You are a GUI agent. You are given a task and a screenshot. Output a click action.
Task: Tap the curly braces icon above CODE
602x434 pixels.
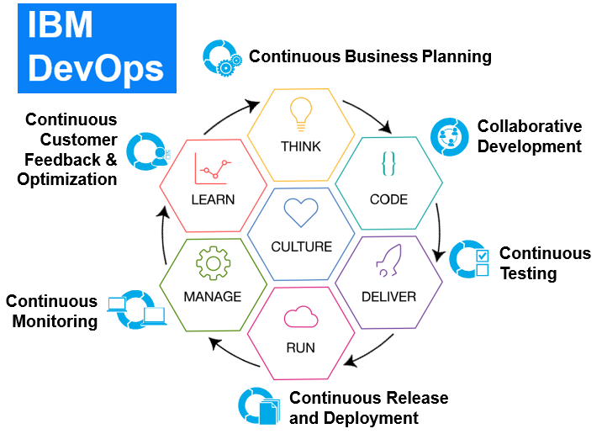[388, 163]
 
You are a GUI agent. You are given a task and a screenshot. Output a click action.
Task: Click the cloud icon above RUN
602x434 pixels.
[300, 316]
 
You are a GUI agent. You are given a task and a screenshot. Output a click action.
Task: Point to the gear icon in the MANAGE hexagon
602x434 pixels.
[212, 263]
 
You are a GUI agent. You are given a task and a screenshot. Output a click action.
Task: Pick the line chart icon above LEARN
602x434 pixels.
[212, 168]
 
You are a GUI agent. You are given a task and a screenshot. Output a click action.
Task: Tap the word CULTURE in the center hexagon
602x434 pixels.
[301, 247]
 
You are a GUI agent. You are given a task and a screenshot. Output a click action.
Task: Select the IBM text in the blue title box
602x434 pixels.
[61, 27]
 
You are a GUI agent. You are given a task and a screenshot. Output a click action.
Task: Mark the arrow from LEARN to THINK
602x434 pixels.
[237, 112]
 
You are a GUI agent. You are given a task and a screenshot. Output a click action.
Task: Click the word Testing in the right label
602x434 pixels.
[527, 273]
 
